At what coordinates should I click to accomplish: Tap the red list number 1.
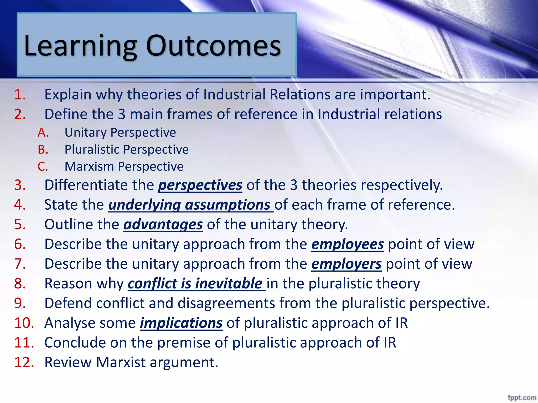[x=20, y=94]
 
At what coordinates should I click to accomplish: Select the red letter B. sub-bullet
[x=43, y=150]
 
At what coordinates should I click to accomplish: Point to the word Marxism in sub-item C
[x=89, y=167]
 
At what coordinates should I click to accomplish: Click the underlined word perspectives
[x=200, y=185]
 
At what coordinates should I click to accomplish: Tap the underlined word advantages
[x=163, y=225]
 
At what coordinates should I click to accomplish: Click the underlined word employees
[x=347, y=245]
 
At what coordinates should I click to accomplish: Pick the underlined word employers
[x=346, y=264]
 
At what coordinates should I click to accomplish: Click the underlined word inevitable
[x=228, y=284]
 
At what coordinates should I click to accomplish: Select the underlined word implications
[x=181, y=323]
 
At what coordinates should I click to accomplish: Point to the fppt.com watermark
[x=522, y=398]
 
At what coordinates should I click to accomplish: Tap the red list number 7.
[x=20, y=264]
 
